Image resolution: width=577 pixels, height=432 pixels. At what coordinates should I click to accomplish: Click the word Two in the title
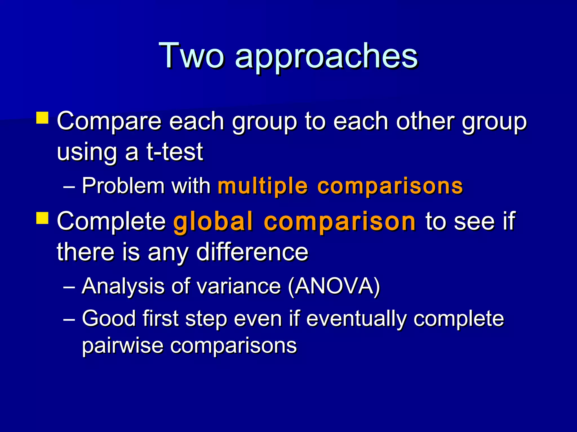(192, 55)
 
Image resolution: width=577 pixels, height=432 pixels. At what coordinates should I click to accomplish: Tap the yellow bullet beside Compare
(42, 118)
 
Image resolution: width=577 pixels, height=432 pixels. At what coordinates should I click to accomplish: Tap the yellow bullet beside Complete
(42, 218)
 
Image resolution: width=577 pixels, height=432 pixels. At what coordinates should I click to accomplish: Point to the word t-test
(175, 152)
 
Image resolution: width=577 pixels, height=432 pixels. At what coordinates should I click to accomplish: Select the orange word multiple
(263, 186)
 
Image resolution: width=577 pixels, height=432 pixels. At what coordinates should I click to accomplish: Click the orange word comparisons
(390, 187)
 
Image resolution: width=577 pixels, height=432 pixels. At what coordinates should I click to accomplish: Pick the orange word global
(213, 222)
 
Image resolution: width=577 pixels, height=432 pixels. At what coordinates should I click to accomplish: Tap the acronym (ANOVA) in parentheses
(334, 286)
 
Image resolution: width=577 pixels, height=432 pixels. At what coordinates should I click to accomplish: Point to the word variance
(239, 286)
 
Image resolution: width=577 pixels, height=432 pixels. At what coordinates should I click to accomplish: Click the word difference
(252, 251)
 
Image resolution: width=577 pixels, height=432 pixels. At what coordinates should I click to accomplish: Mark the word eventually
(356, 319)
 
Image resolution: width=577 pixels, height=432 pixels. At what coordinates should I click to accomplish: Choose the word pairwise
(123, 346)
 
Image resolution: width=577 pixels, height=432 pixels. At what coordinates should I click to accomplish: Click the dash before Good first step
(69, 319)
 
